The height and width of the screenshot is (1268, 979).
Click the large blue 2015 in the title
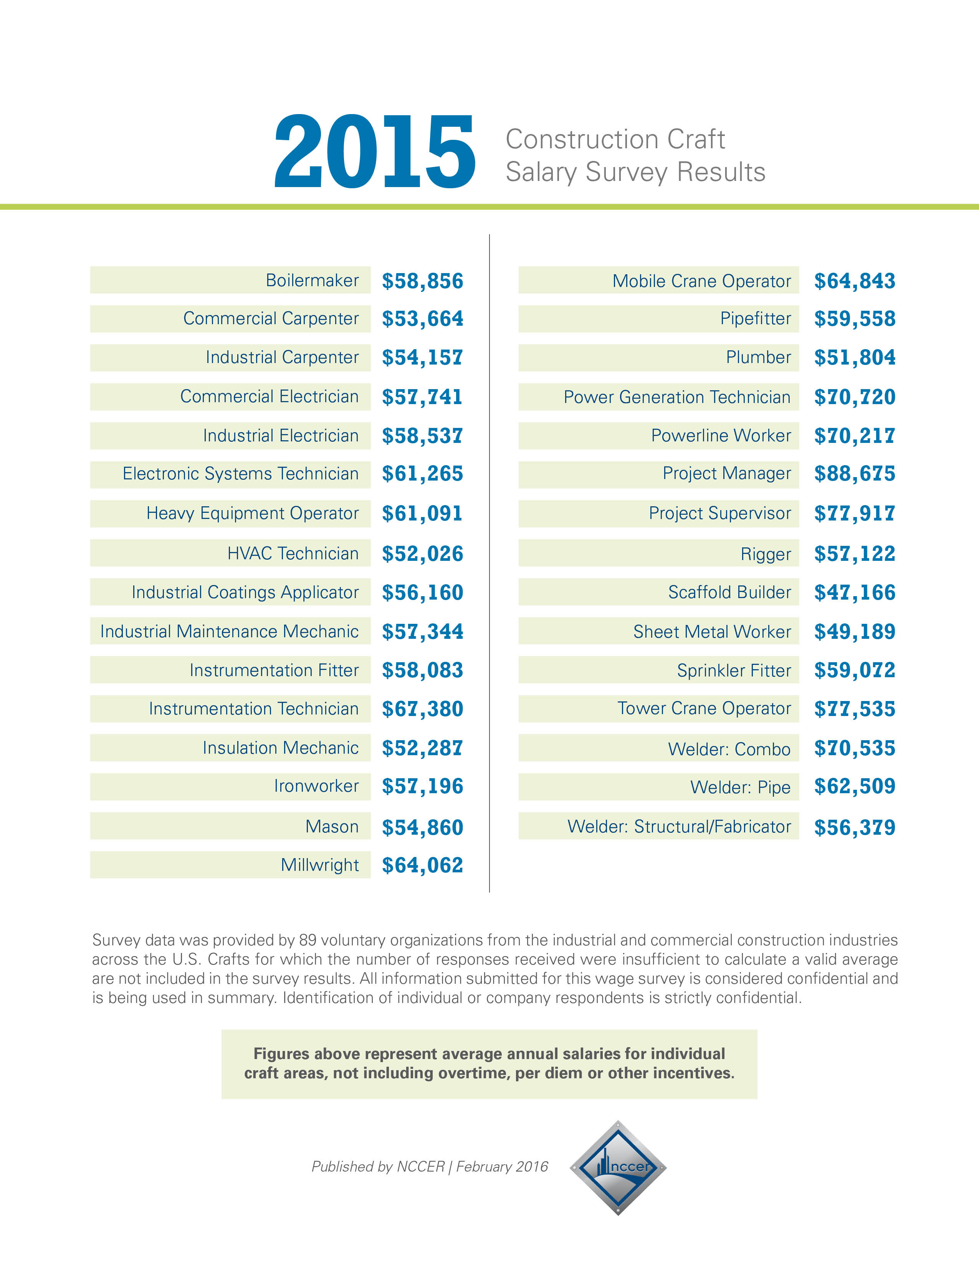point(374,152)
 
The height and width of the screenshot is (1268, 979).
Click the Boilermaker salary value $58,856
point(422,281)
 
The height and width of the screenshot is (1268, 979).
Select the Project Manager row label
point(726,474)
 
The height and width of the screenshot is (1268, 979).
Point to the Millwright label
point(320,865)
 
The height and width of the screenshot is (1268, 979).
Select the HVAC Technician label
point(293,553)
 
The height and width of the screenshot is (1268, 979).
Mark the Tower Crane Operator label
point(704,708)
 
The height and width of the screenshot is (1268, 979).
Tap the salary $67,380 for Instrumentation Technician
point(422,709)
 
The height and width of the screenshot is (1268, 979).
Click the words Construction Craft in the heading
point(615,139)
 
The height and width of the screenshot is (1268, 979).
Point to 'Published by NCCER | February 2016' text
point(430,1166)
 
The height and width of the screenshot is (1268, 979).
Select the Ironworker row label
point(316,786)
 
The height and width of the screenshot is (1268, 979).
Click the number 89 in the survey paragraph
point(308,940)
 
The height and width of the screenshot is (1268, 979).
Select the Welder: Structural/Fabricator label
point(679,827)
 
